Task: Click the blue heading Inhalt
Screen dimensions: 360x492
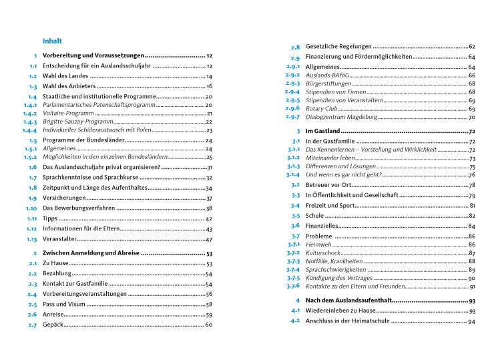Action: tap(51, 40)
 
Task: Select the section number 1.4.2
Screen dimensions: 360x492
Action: tap(29, 114)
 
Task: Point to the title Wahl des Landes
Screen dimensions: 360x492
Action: tap(65, 77)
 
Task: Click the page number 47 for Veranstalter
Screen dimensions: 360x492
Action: tap(208, 239)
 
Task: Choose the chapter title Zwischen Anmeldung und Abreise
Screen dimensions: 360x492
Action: tap(90, 254)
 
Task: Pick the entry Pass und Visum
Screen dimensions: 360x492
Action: tap(63, 304)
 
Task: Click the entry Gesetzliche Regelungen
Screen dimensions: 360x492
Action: tap(338, 47)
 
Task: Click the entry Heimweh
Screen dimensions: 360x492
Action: tap(318, 245)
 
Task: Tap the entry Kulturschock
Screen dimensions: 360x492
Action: tap(323, 253)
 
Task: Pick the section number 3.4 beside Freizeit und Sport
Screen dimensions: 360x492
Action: tap(295, 205)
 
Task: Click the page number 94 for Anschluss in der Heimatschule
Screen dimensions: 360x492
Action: tap(471, 322)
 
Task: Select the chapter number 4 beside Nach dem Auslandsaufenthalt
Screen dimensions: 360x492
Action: tap(297, 301)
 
